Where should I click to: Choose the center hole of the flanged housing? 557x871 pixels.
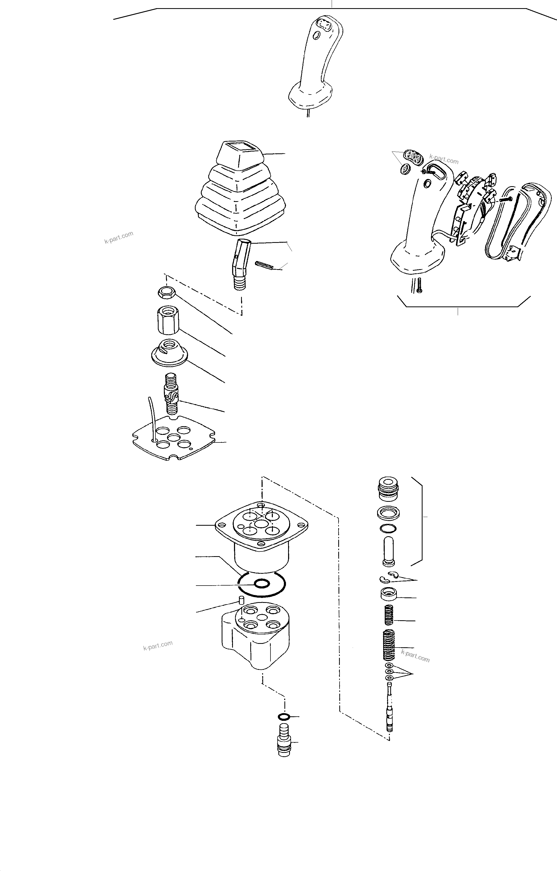261,524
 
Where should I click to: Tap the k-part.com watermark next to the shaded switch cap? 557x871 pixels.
444,159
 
